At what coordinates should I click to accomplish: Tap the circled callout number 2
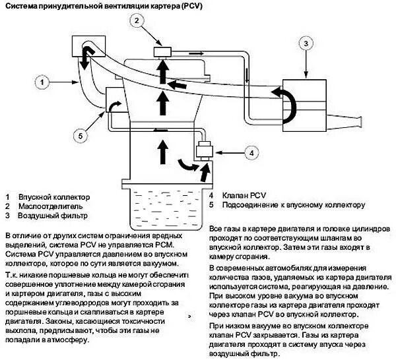point(137,21)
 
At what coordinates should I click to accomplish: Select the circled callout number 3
point(306,44)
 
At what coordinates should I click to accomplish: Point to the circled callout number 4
point(250,152)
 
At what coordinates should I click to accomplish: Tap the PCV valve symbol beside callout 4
point(203,151)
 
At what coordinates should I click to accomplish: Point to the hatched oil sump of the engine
point(160,205)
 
